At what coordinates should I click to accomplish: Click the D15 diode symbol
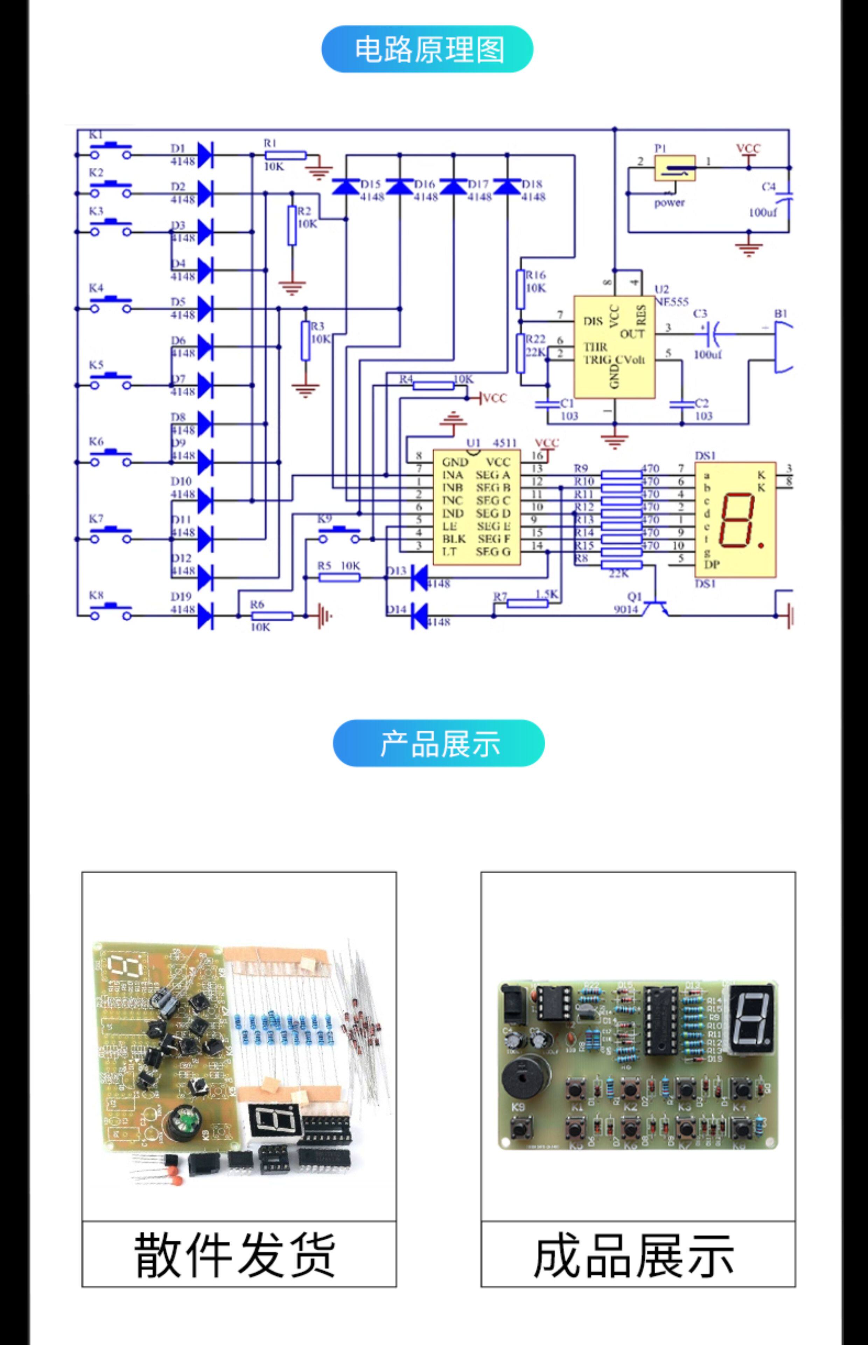click(345, 186)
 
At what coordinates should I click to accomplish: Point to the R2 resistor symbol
click(292, 226)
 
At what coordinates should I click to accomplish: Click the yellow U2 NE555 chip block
click(614, 347)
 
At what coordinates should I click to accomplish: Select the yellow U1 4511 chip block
click(476, 507)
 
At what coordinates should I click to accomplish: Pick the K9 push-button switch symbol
click(339, 534)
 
